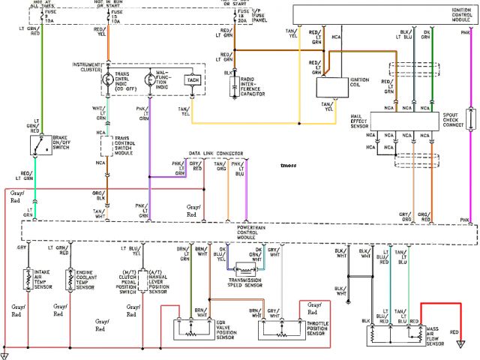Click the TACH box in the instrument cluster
[x=192, y=79]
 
